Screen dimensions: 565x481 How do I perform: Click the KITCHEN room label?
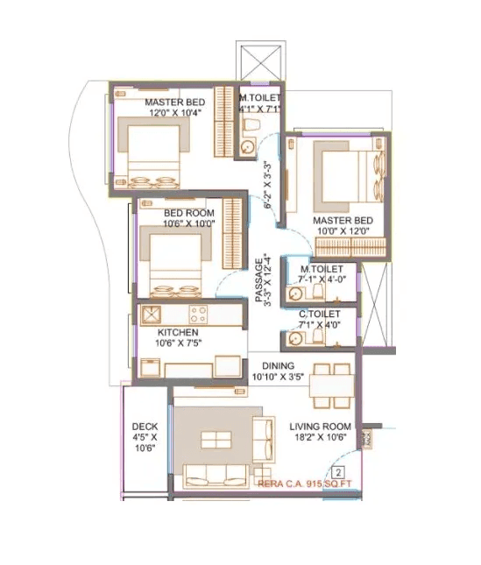click(x=177, y=333)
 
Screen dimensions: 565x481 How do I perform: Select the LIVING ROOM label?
click(x=320, y=427)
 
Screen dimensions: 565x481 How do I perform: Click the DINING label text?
click(x=277, y=365)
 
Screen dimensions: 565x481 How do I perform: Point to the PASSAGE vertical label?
click(x=259, y=279)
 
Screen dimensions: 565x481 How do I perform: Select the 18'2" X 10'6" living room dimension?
click(x=320, y=439)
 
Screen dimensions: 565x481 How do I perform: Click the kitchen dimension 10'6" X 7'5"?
click(x=177, y=344)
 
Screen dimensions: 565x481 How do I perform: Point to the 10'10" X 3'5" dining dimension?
click(x=277, y=377)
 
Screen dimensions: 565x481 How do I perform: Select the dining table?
click(x=332, y=384)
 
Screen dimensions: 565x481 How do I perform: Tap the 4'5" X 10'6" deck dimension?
click(x=145, y=441)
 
